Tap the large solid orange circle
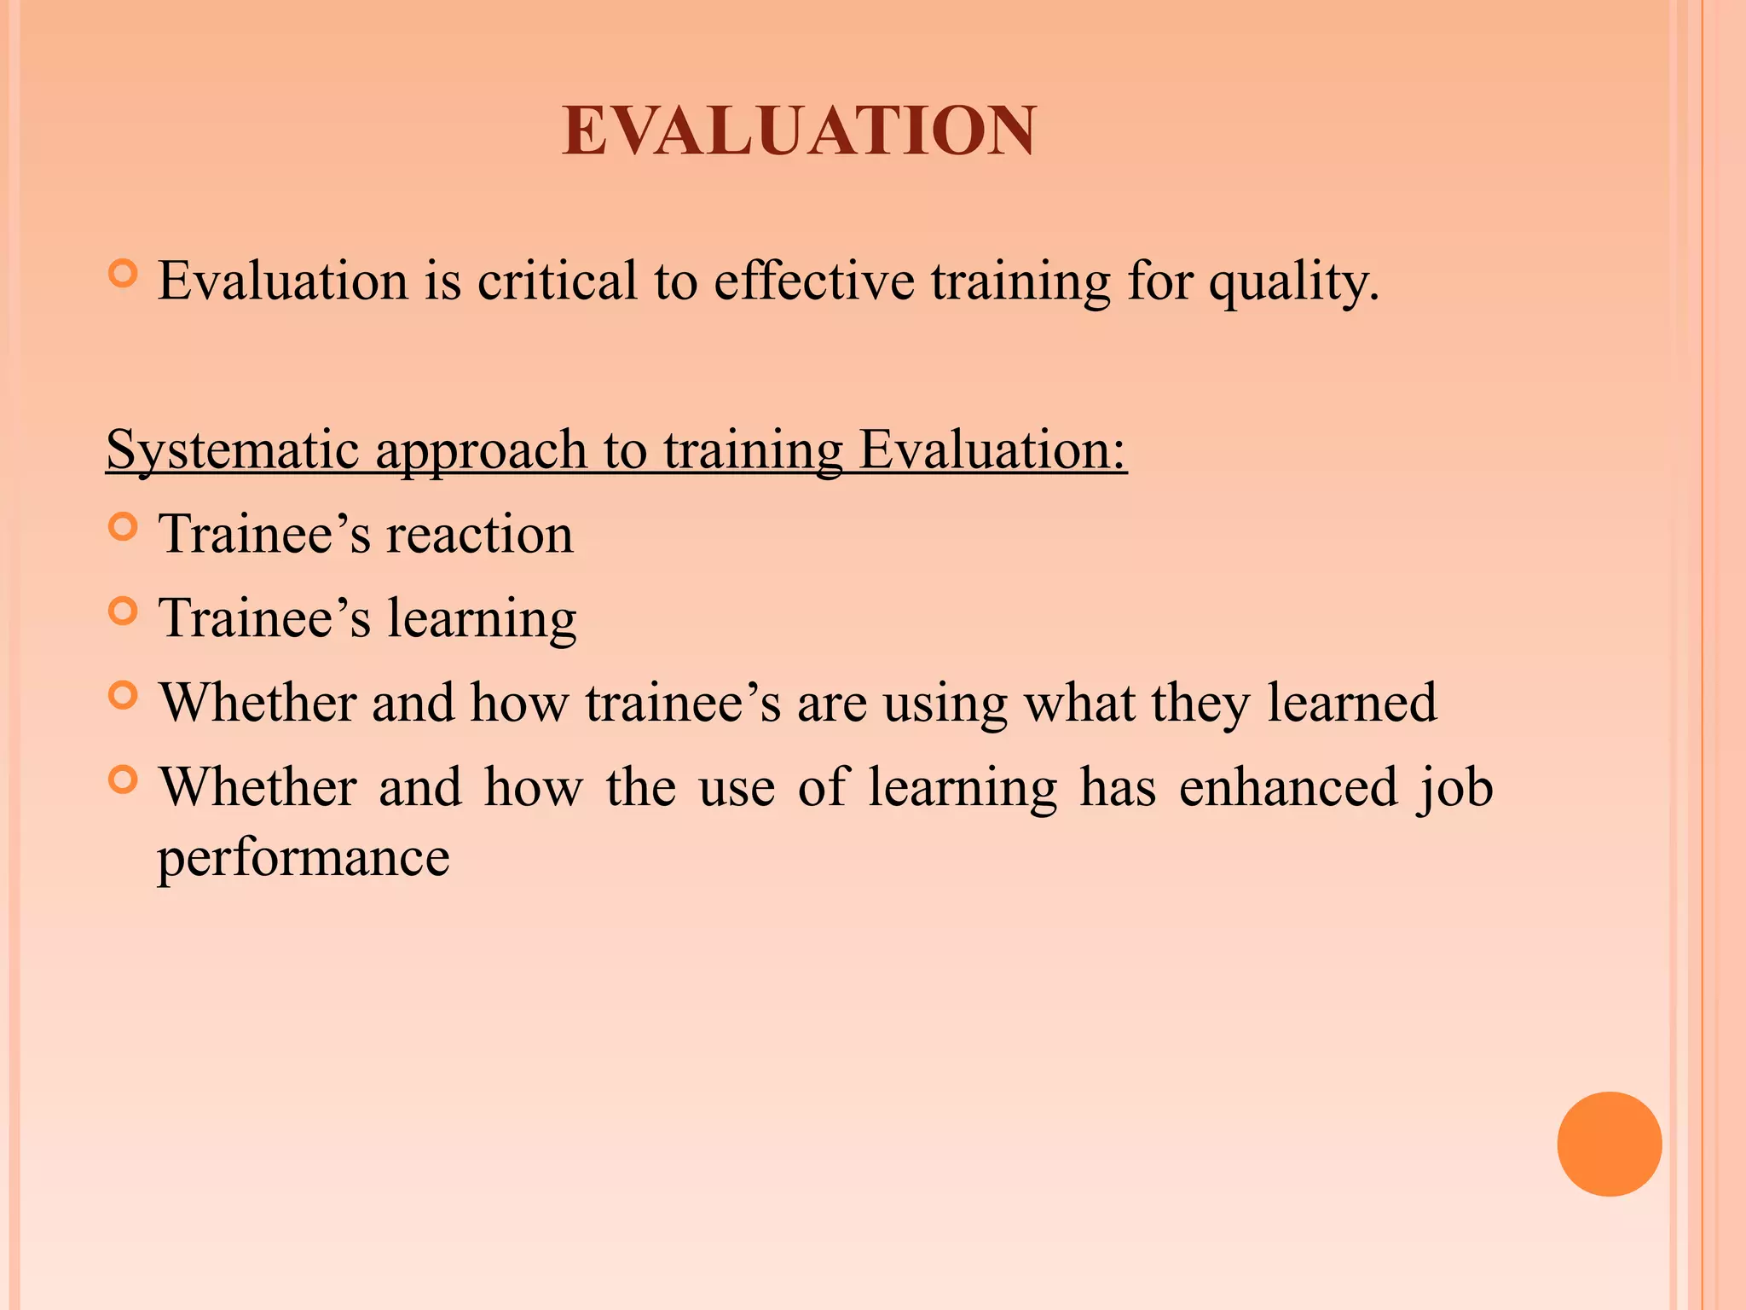[x=1609, y=1144]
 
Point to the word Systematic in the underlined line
[x=232, y=450]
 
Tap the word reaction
[x=480, y=535]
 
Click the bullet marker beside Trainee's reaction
[x=124, y=527]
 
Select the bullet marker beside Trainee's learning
[x=124, y=612]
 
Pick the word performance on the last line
[x=304, y=858]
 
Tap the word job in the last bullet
[x=1455, y=788]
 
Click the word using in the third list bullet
[x=945, y=704]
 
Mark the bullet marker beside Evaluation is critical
[x=124, y=274]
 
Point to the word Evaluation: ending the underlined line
[x=992, y=449]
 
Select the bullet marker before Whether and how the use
[x=124, y=780]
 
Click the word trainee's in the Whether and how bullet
[x=683, y=703]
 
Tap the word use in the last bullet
[x=737, y=788]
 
